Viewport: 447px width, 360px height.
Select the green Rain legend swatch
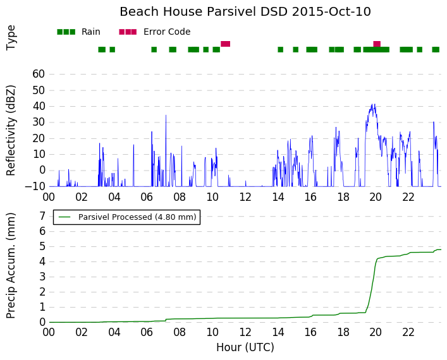point(66,32)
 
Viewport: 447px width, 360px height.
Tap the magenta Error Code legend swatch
point(128,32)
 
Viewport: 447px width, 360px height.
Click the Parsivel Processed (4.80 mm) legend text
point(137,217)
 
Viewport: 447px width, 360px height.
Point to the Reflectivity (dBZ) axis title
point(11,131)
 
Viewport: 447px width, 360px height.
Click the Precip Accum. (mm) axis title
point(11,265)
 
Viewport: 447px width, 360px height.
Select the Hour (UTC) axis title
point(245,347)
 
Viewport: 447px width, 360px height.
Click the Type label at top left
point(11,38)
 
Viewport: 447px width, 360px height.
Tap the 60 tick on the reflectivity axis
point(39,74)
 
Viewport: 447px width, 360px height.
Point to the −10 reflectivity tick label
point(35,186)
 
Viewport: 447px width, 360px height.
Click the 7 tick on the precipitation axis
point(42,216)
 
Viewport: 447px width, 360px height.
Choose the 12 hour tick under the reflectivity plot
point(245,197)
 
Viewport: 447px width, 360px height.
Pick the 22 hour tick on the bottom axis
point(408,332)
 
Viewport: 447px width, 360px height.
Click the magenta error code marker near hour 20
point(377,44)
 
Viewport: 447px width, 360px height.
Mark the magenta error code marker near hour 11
point(225,44)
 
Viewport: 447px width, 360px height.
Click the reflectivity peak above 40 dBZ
point(372,104)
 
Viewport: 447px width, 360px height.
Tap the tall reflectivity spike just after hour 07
point(166,116)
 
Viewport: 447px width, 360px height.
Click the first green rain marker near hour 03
point(102,49)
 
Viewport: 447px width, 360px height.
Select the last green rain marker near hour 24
point(436,49)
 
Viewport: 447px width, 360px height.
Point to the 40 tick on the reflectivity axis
point(39,106)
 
